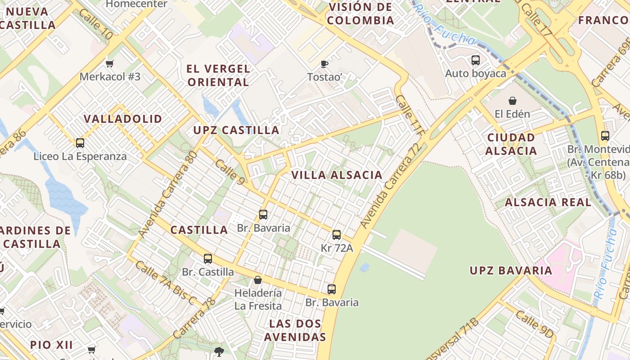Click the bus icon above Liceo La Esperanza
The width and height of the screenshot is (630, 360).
80,143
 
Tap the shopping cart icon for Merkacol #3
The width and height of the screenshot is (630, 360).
109,63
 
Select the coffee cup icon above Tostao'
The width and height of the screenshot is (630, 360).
324,64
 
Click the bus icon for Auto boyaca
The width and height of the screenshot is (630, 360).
476,60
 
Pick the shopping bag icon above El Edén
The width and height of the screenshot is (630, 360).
512,101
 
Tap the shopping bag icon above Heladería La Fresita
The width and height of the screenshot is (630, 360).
258,280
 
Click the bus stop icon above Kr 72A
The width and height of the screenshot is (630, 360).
337,234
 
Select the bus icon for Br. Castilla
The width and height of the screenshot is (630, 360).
207,258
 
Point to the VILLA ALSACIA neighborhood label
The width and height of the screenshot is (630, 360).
337,175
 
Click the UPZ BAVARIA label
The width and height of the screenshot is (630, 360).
511,270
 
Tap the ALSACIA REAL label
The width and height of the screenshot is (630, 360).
548,202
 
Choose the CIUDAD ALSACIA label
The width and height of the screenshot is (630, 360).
511,144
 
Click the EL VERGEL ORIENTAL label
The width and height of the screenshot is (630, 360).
219,76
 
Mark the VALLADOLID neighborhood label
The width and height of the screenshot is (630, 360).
123,119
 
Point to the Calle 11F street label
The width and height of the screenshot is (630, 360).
411,116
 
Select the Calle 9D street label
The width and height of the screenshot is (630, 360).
534,324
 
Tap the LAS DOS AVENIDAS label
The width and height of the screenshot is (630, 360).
295,330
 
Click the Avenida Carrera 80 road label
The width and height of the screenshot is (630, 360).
168,194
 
